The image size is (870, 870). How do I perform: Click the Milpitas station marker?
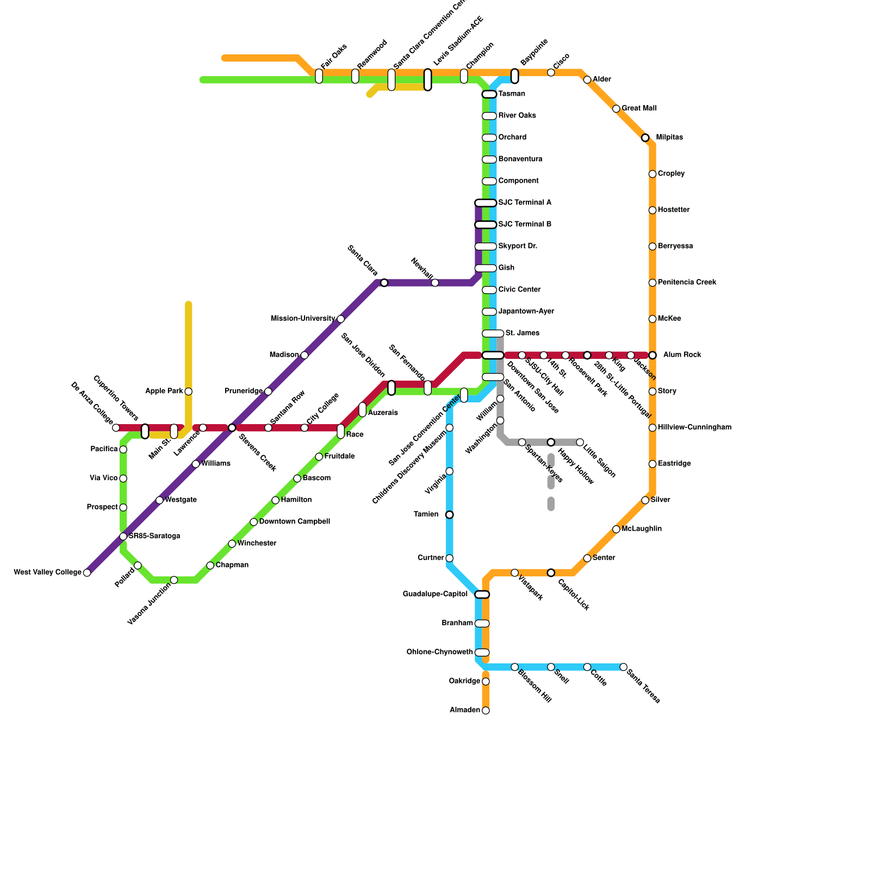click(x=645, y=138)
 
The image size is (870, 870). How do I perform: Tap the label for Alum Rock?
click(x=682, y=355)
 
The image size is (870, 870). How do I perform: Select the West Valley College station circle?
click(x=87, y=573)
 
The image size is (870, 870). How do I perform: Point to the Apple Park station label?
click(x=164, y=391)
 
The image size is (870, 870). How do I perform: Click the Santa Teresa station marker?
click(x=623, y=667)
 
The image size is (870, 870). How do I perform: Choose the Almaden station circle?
click(x=486, y=710)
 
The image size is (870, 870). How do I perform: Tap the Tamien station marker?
click(x=449, y=514)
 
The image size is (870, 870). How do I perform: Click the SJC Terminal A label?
click(x=525, y=203)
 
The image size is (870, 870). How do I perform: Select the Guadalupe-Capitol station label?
click(x=435, y=594)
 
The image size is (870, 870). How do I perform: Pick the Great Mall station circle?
click(x=616, y=109)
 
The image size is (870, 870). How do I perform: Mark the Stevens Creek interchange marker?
click(x=232, y=428)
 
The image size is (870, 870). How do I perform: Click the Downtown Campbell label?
click(x=294, y=521)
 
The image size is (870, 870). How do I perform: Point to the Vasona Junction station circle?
click(x=174, y=580)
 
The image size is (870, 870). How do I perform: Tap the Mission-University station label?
click(x=303, y=319)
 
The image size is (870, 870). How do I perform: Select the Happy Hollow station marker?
click(x=551, y=442)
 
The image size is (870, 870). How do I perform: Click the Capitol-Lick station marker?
click(x=551, y=573)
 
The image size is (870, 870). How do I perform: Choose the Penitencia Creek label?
click(x=687, y=282)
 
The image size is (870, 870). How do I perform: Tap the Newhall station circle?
click(x=435, y=283)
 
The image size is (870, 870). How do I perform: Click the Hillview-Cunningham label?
click(x=694, y=427)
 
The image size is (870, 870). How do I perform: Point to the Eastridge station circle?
click(x=652, y=464)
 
